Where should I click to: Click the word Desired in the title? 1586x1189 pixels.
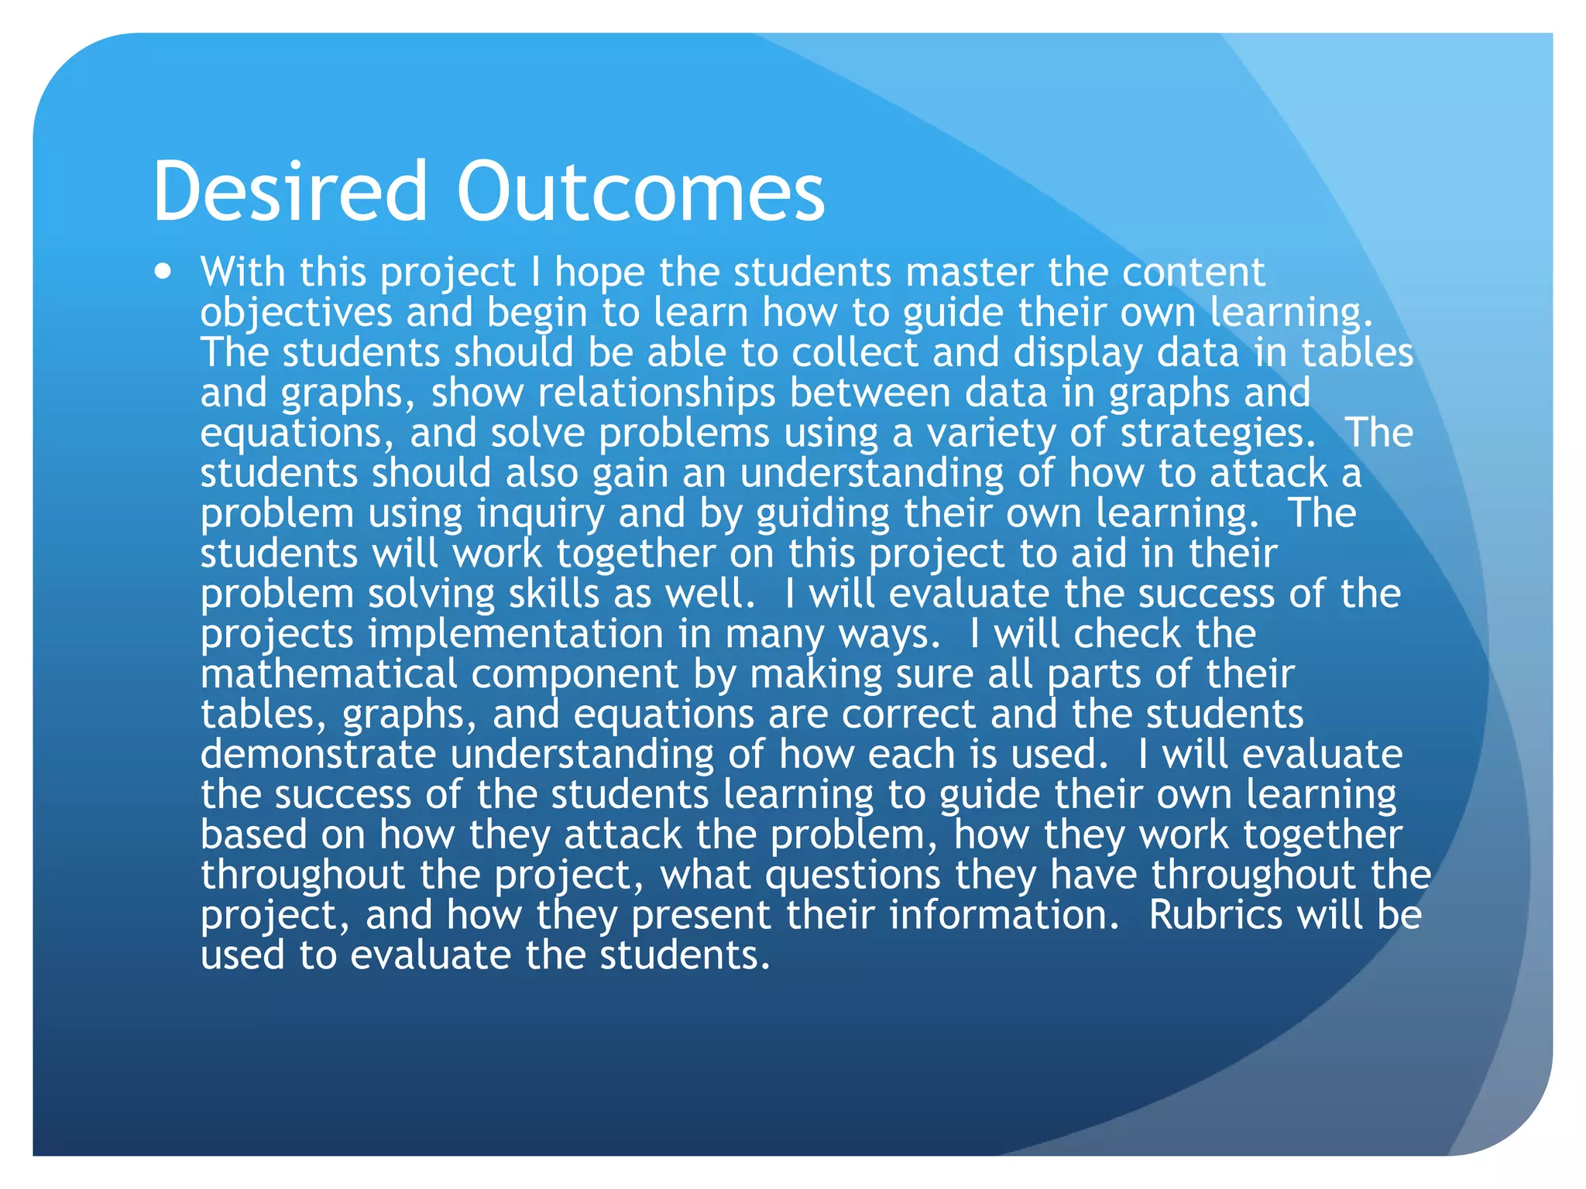[290, 190]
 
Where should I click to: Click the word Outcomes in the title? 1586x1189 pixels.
[640, 190]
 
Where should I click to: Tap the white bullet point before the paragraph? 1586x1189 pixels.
[163, 272]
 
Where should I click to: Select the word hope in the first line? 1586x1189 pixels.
[599, 273]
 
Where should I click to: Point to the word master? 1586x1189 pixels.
[969, 273]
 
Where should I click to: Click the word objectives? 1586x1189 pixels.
[296, 314]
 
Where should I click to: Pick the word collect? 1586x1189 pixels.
[854, 354]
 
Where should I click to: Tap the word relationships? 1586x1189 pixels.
[656, 394]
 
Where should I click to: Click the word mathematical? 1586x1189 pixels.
[328, 676]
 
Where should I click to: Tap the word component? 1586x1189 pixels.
[575, 676]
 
